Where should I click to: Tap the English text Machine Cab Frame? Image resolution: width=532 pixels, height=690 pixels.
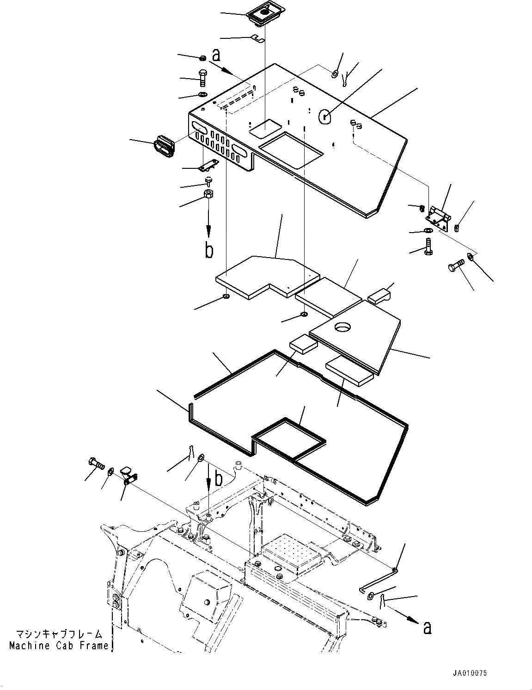pos(58,646)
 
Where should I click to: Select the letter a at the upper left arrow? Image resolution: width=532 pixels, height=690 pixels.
pos(216,55)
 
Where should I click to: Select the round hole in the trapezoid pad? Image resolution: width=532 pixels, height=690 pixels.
pos(343,327)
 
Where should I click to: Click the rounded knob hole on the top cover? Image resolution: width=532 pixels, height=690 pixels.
pos(325,117)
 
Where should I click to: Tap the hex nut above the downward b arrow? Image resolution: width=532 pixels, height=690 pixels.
pos(208,194)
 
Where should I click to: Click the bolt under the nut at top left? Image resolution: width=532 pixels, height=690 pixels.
pos(203,78)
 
